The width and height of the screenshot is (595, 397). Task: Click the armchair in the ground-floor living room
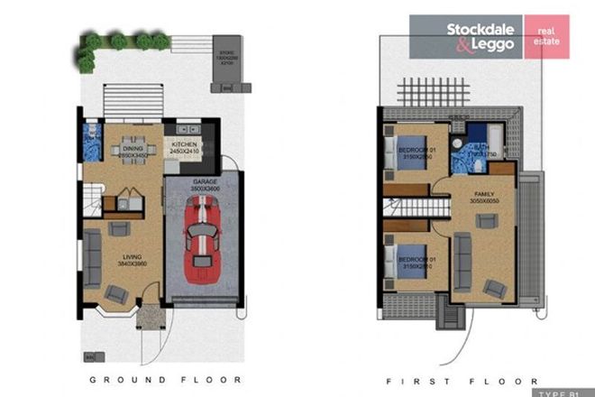tap(116, 291)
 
